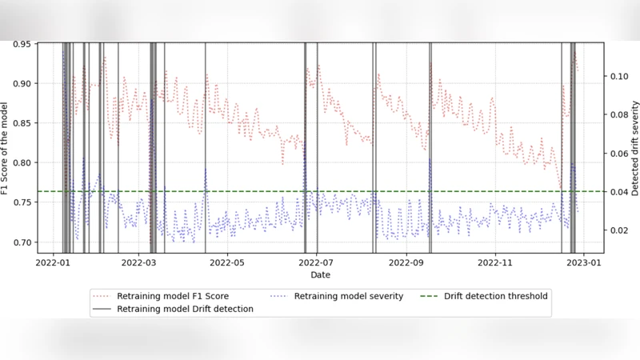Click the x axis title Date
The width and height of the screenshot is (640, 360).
point(320,274)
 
